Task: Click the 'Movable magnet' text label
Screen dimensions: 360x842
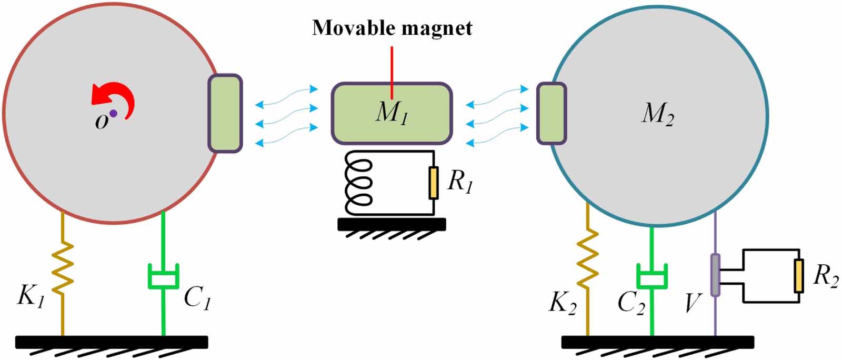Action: pyautogui.click(x=392, y=27)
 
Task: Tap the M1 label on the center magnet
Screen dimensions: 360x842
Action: pyautogui.click(x=392, y=113)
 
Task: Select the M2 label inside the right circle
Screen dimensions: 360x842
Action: pyautogui.click(x=657, y=113)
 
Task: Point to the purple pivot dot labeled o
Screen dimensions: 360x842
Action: pyautogui.click(x=113, y=113)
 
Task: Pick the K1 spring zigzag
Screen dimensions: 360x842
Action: pyautogui.click(x=63, y=267)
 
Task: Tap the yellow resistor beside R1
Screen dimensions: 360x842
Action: pyautogui.click(x=433, y=183)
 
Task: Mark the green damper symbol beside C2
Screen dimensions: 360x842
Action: pyautogui.click(x=652, y=276)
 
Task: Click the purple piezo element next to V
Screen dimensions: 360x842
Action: pyautogui.click(x=715, y=275)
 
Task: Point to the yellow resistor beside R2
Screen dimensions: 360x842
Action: pyautogui.click(x=799, y=275)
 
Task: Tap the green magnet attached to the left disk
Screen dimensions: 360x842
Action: pyautogui.click(x=225, y=113)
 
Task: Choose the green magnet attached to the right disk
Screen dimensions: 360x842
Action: pyautogui.click(x=551, y=113)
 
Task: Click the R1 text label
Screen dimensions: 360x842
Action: pyautogui.click(x=459, y=182)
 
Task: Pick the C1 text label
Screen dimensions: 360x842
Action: pyautogui.click(x=197, y=298)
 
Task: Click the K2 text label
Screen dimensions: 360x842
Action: pyautogui.click(x=562, y=304)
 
